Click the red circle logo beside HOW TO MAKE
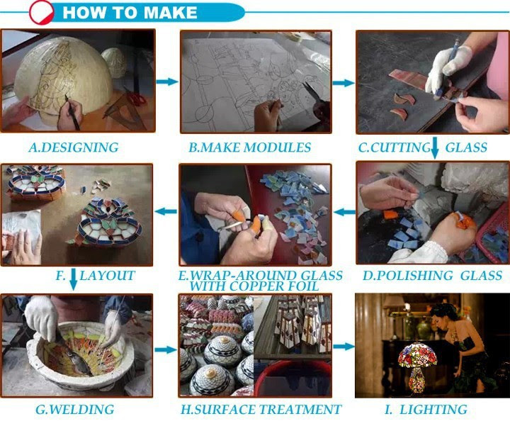(x=41, y=12)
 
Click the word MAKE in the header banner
(x=170, y=13)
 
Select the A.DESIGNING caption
(x=74, y=147)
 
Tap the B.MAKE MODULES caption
(x=250, y=147)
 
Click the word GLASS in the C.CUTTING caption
(x=466, y=147)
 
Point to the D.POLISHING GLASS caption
(x=432, y=276)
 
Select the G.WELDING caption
(x=75, y=410)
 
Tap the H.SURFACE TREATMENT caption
(x=261, y=410)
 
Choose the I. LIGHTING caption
(x=426, y=410)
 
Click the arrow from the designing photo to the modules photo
(x=167, y=82)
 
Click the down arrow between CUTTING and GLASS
(x=435, y=148)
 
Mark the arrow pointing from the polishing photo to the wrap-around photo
(x=344, y=213)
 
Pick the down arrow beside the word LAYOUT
(x=74, y=279)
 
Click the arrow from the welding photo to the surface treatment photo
(x=166, y=350)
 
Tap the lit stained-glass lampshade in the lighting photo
(x=418, y=355)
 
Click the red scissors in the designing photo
(x=135, y=97)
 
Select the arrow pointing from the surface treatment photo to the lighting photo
(x=344, y=347)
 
